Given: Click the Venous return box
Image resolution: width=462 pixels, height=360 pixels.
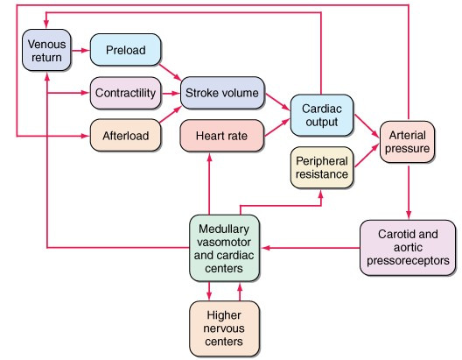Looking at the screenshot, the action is coord(46,50).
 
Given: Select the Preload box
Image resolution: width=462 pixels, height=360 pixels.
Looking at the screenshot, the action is coord(125,50).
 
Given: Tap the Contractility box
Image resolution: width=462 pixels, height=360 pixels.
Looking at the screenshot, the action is coord(125,93).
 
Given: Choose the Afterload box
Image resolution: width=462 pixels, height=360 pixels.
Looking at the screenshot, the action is coord(125,136).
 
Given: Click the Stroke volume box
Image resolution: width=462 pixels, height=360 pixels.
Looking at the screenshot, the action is coord(222,93).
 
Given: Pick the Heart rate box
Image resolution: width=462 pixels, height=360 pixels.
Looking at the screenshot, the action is coord(221,136).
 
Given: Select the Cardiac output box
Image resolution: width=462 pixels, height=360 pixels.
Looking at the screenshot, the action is coord(322,116).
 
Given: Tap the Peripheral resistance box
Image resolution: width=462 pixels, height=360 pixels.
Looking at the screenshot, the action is coord(322,167).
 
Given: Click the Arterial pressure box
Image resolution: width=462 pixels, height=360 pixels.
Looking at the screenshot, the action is coord(407,142).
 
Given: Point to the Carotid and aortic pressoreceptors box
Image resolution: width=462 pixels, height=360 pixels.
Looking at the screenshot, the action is coord(408,248).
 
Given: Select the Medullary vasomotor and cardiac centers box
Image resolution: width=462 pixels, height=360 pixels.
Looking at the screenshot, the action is coord(224,248).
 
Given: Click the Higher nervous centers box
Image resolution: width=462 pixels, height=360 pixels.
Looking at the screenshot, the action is coord(224,328).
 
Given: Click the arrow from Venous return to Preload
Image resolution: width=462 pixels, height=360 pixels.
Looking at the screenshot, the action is coord(80,51).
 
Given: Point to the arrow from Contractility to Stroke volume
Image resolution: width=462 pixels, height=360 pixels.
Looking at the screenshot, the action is coord(171,94).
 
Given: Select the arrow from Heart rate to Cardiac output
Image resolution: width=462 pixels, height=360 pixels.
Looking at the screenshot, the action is coord(277,127).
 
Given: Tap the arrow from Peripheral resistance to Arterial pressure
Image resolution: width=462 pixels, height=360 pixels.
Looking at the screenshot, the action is coord(367,155).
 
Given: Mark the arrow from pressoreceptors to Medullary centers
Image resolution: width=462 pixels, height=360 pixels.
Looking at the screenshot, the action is coord(311,248).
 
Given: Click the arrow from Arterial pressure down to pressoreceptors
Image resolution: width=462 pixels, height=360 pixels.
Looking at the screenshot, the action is coord(409,193).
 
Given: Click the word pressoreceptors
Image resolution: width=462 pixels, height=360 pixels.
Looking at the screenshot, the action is coord(408,261).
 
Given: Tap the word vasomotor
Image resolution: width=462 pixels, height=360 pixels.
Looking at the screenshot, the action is coord(224,242).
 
